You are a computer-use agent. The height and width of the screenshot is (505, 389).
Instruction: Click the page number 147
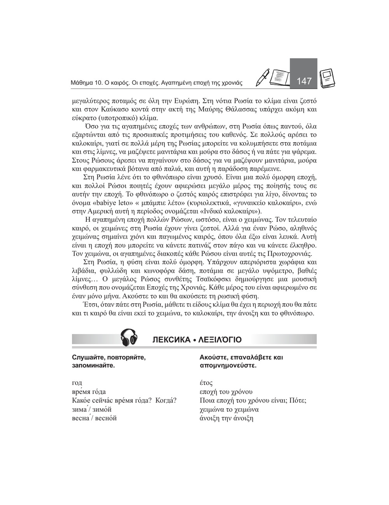coord(304,81)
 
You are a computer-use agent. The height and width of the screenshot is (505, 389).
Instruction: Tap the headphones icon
coord(130,337)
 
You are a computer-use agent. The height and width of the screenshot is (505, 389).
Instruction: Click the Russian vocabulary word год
coord(77,383)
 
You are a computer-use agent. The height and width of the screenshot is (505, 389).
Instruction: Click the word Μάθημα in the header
coord(82,83)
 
